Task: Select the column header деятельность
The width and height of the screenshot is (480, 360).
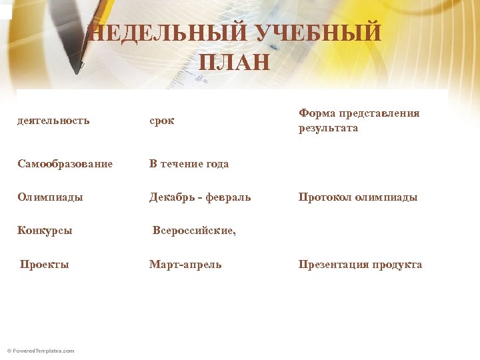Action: click(x=53, y=121)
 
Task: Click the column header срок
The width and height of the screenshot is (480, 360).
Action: click(x=161, y=121)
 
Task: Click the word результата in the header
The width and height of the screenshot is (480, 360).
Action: click(x=328, y=128)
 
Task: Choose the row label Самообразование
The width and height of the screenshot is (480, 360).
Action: click(x=65, y=163)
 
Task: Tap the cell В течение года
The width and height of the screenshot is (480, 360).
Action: click(x=189, y=163)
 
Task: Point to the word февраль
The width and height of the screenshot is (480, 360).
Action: click(x=229, y=197)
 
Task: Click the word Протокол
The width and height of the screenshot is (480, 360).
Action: click(x=325, y=197)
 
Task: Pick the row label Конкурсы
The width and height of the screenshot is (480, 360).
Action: click(x=45, y=231)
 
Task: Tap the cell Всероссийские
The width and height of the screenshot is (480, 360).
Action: click(x=194, y=231)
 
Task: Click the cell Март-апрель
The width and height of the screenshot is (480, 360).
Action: click(x=185, y=265)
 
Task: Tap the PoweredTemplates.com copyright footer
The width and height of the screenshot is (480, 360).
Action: click(x=41, y=351)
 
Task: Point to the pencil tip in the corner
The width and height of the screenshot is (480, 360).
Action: click(x=83, y=65)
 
